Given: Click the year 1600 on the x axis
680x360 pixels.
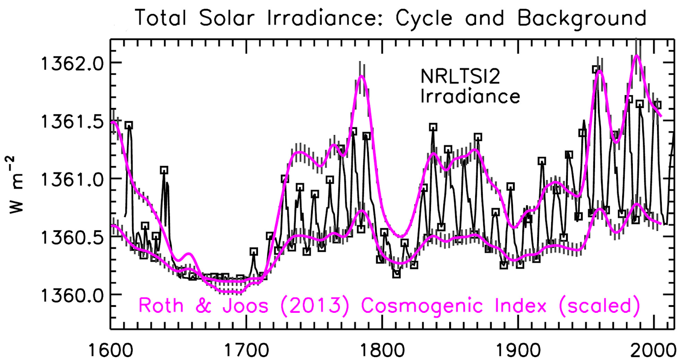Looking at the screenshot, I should [x=110, y=350].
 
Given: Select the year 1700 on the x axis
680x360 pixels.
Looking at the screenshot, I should [x=246, y=350].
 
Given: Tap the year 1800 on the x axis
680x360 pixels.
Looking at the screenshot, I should [x=382, y=350].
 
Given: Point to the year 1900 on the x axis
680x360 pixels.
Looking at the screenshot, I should [x=518, y=350].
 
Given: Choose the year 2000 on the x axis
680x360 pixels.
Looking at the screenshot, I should [x=653, y=350].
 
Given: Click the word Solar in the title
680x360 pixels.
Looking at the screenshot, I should [x=227, y=18].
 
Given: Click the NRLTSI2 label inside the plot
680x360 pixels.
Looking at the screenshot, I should [x=460, y=77].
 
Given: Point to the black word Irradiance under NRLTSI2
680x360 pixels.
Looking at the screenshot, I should [x=470, y=96].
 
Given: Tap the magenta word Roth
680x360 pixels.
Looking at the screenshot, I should [x=161, y=306].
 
